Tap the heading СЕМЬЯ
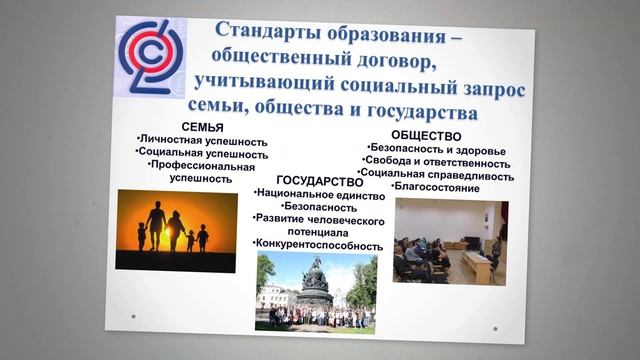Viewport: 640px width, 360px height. (x=202, y=127)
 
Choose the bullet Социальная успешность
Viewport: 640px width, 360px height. (x=203, y=154)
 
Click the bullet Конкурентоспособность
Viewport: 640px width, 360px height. (x=318, y=245)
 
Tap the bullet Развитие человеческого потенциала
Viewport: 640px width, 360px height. (x=318, y=224)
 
